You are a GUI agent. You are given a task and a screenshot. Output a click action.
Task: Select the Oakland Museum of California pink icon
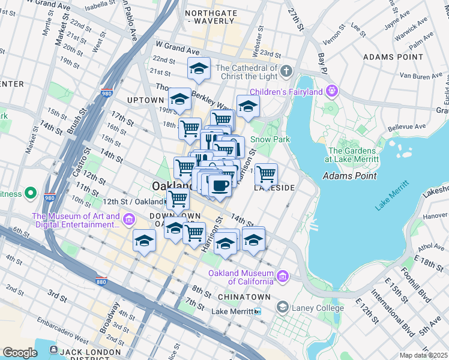point(282,275)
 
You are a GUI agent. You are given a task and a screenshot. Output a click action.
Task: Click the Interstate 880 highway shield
point(101,281)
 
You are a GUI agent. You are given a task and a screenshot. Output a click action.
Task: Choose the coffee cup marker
point(220,185)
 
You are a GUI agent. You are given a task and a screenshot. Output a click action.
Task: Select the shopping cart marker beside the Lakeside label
point(266,175)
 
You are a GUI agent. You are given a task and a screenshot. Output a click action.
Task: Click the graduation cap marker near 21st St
point(199,69)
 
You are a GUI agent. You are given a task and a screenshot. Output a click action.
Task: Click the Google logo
point(20,352)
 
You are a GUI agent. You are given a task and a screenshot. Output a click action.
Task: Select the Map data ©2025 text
point(424,355)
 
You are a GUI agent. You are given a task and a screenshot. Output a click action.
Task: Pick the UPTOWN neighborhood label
point(145,100)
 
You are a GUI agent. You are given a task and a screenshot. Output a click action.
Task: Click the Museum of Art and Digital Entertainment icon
point(128,221)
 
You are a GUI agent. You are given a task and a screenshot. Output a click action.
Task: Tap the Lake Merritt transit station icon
point(258,311)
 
